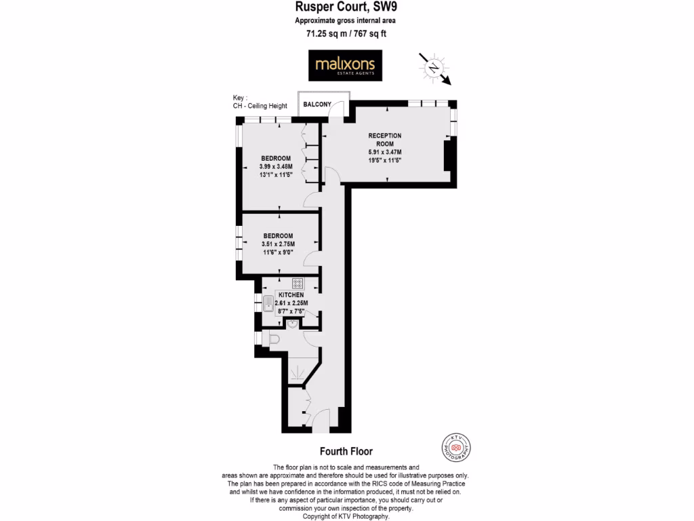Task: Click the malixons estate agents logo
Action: pos(345,66)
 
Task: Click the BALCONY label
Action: pos(317,104)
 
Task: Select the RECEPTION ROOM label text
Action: pos(385,139)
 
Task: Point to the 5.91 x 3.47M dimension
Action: pos(385,152)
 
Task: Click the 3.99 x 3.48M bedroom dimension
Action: pos(276,166)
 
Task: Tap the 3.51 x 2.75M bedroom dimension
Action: pos(278,244)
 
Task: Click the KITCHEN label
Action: pos(291,295)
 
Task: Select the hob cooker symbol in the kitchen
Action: pos(298,283)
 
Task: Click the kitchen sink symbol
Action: pos(268,304)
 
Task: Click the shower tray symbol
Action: pos(296,372)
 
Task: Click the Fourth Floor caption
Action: pos(346,451)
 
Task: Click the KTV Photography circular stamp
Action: pos(456,448)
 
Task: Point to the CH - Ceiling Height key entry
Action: pos(260,106)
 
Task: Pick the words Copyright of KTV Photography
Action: pos(346,516)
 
